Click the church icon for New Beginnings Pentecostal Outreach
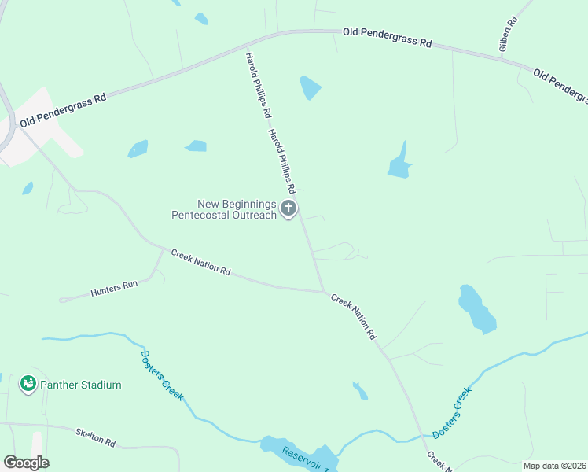[288, 208]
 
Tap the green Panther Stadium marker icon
[28, 384]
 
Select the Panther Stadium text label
[80, 385]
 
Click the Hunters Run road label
[114, 288]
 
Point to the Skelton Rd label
[96, 438]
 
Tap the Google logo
[26, 463]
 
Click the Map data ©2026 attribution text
[553, 466]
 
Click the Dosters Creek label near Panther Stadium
[162, 374]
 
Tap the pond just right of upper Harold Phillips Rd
[311, 87]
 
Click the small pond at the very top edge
[201, 19]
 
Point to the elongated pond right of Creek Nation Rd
[476, 308]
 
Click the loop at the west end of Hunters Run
[64, 299]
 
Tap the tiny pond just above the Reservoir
[360, 390]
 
